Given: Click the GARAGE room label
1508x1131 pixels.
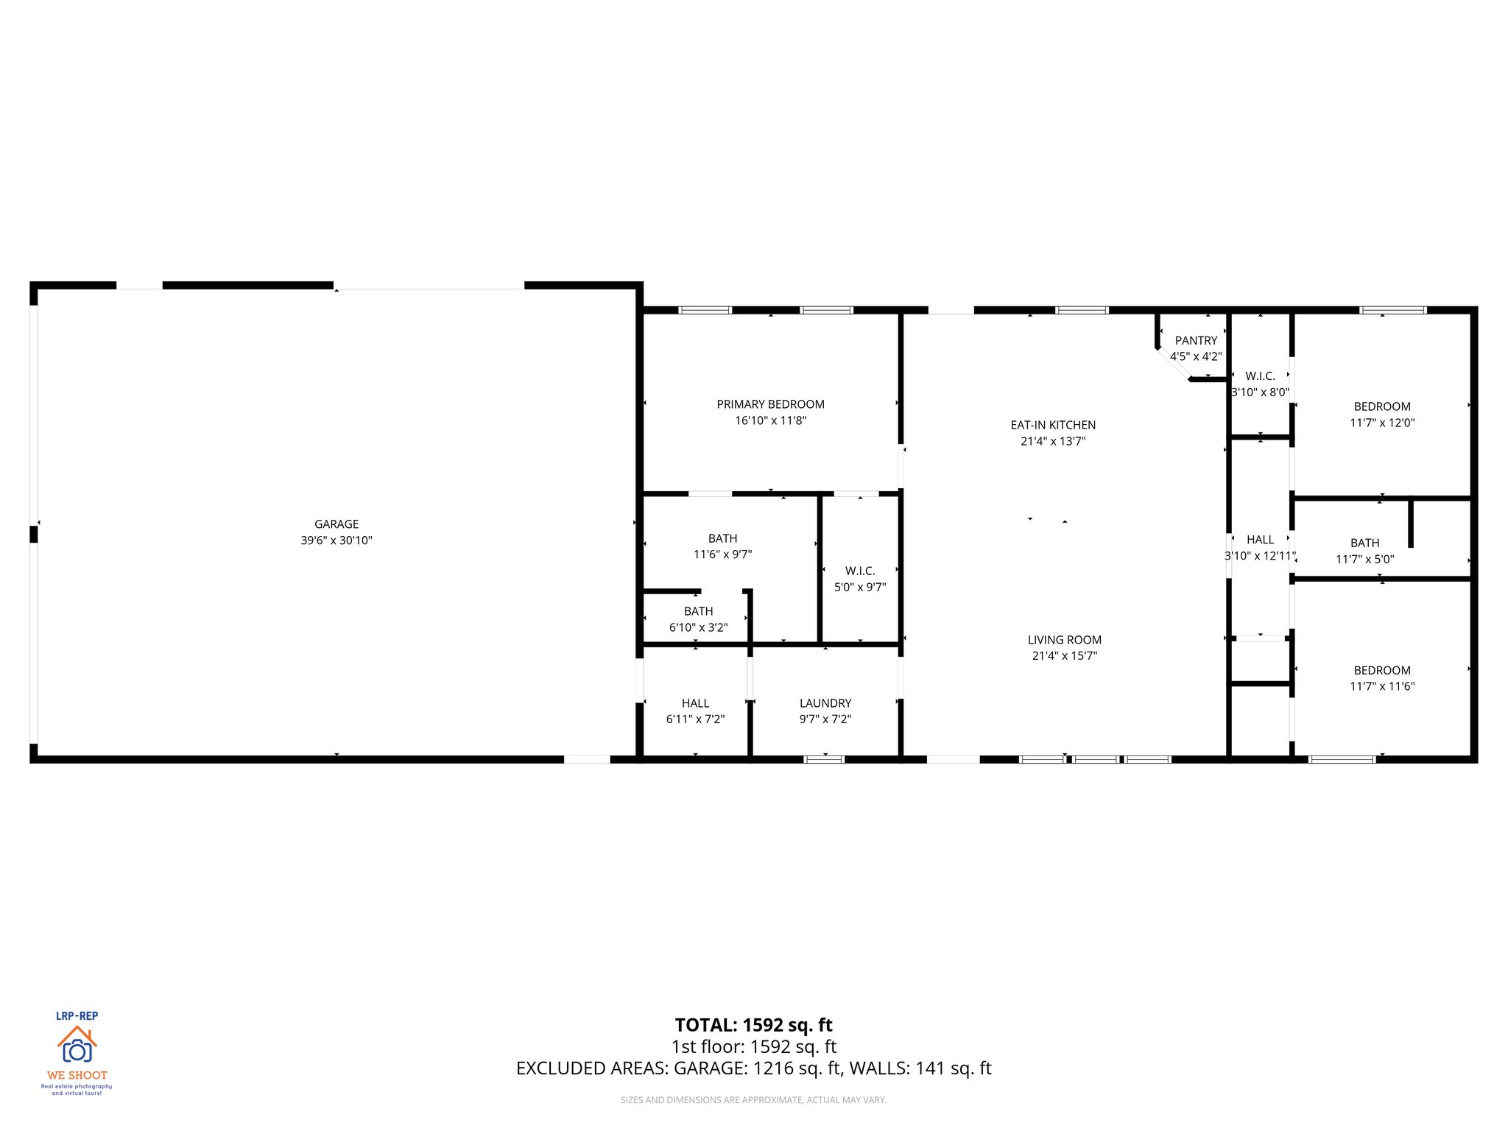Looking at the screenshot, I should [x=337, y=524].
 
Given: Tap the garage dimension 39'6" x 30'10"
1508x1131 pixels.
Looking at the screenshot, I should [x=337, y=540].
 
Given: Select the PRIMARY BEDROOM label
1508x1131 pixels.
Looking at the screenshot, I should [x=770, y=404].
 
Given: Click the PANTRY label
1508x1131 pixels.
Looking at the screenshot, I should [x=1196, y=340].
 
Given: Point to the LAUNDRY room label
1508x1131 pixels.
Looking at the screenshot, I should [x=825, y=703].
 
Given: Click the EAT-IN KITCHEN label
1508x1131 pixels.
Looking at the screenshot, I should [x=1053, y=425].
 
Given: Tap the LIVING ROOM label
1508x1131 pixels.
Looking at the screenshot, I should [x=1065, y=640].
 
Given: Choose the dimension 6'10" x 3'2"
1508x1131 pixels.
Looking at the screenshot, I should [x=698, y=627].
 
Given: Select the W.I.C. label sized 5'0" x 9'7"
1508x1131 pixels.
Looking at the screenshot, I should [x=860, y=571].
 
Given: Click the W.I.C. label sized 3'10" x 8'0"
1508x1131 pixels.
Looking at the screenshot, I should [x=1260, y=376].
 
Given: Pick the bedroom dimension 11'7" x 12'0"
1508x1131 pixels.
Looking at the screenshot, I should [x=1382, y=423].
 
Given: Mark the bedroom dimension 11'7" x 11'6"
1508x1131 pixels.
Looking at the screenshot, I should [x=1382, y=686].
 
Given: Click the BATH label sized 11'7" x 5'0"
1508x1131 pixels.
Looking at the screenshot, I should [x=1364, y=543].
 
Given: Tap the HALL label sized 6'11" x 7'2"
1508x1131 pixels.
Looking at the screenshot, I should [x=695, y=703].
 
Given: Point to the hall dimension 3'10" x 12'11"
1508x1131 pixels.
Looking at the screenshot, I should [x=1260, y=556].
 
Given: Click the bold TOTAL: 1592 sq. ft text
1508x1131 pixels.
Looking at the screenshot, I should [x=753, y=1025].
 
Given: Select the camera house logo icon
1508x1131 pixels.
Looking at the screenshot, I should [x=77, y=1046].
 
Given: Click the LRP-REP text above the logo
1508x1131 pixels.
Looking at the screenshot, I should [x=77, y=1016].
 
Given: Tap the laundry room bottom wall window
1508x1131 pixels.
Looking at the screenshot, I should [x=824, y=758].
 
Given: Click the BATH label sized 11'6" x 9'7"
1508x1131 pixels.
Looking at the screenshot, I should [x=722, y=538].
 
